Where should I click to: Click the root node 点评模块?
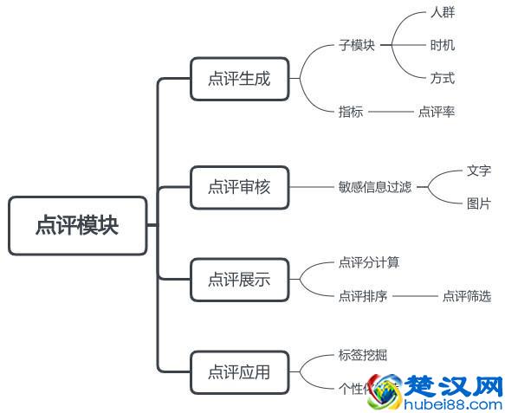click(x=77, y=226)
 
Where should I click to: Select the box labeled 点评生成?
click(x=239, y=78)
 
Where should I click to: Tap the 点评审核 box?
click(x=239, y=186)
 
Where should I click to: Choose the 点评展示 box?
click(x=239, y=279)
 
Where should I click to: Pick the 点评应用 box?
click(x=239, y=372)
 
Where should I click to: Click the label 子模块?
click(x=357, y=45)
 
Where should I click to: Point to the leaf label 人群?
click(x=442, y=13)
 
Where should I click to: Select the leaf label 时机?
click(x=442, y=45)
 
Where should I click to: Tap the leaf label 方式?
click(x=442, y=78)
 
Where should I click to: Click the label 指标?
click(x=351, y=112)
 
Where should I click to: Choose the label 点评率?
click(x=436, y=112)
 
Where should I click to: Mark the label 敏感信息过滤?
click(x=374, y=187)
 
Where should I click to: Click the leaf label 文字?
click(x=478, y=171)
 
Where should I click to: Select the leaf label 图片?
click(x=478, y=204)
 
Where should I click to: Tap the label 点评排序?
click(x=363, y=296)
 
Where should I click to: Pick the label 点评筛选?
click(x=466, y=296)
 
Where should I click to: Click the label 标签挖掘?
click(x=363, y=355)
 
